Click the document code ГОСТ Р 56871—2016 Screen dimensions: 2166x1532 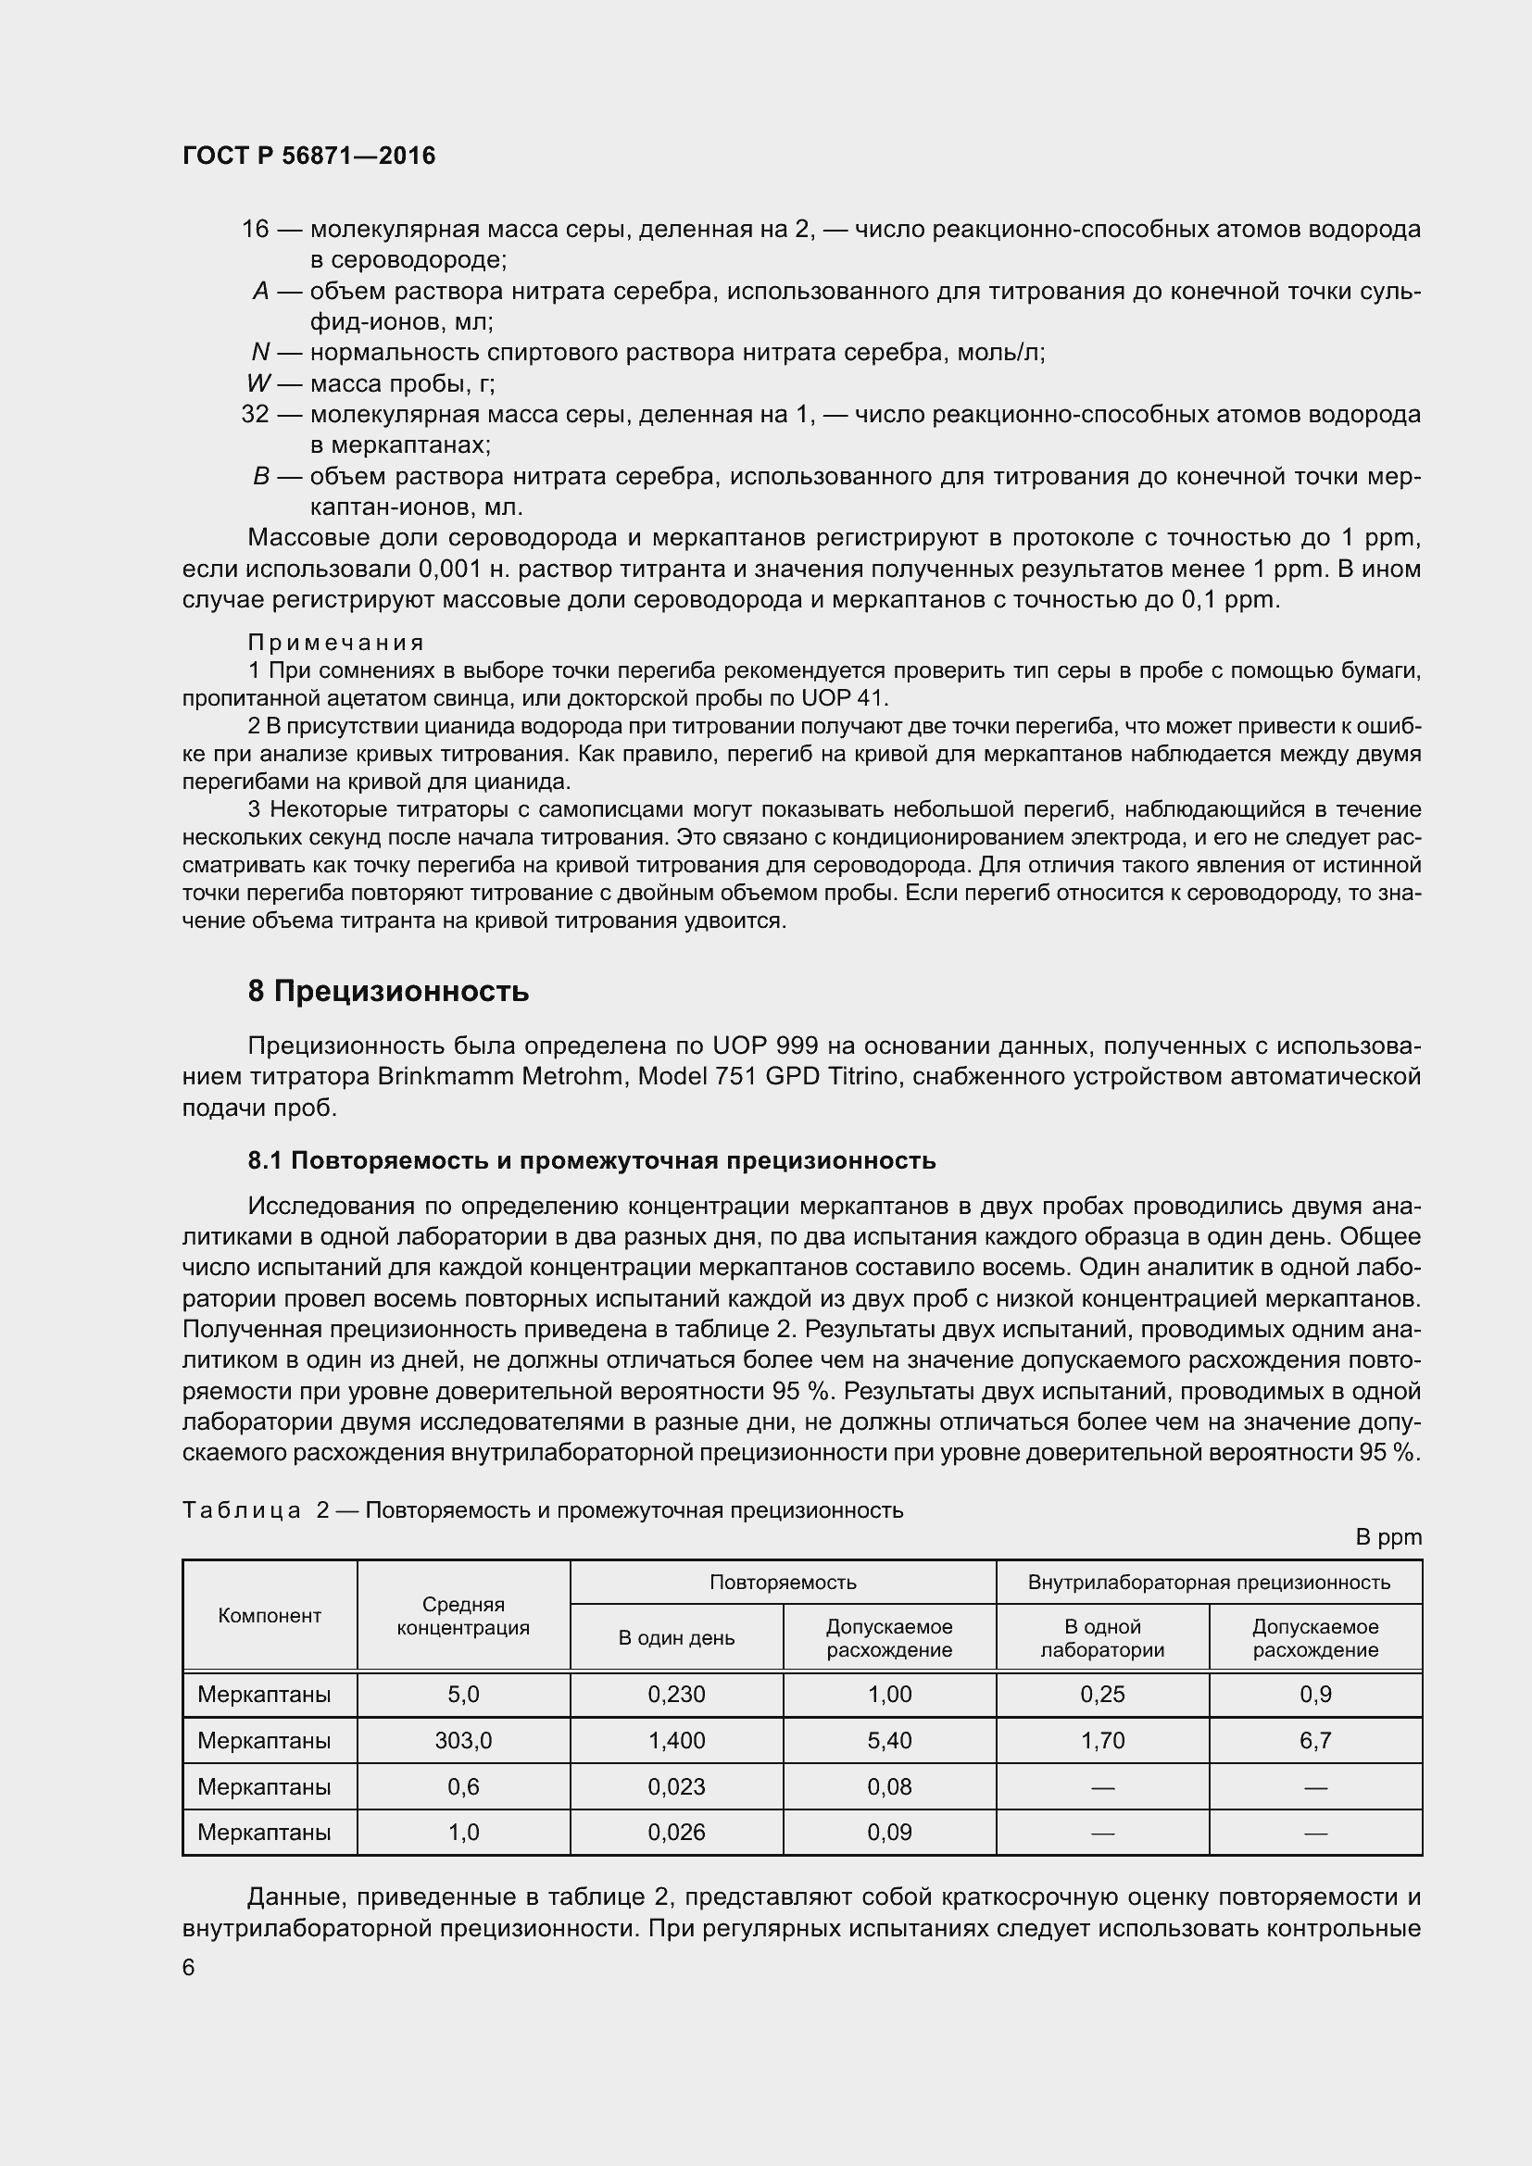click(x=308, y=156)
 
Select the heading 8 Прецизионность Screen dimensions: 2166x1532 click(x=388, y=992)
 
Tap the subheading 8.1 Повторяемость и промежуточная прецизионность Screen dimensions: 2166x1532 click(x=592, y=1160)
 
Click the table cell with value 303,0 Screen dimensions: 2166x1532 click(x=463, y=1741)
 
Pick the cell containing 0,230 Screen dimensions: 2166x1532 click(x=676, y=1695)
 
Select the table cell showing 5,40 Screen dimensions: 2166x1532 click(x=888, y=1741)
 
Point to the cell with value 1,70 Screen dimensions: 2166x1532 click(x=1102, y=1741)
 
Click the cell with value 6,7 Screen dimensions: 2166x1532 click(x=1315, y=1741)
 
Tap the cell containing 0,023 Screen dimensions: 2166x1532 click(x=676, y=1786)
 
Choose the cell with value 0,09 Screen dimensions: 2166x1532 click(x=888, y=1832)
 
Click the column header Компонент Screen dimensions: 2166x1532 click(x=270, y=1616)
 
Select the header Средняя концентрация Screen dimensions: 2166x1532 click(x=463, y=1616)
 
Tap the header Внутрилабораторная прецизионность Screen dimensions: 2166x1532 click(x=1209, y=1582)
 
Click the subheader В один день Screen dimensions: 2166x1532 click(x=676, y=1638)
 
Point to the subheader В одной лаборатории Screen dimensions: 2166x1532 click(x=1102, y=1638)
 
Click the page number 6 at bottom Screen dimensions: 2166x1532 click(x=189, y=1967)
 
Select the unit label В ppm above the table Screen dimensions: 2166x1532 click(x=1388, y=1537)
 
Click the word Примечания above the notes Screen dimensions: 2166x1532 click(x=335, y=643)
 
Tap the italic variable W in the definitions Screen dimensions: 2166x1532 click(x=258, y=383)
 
